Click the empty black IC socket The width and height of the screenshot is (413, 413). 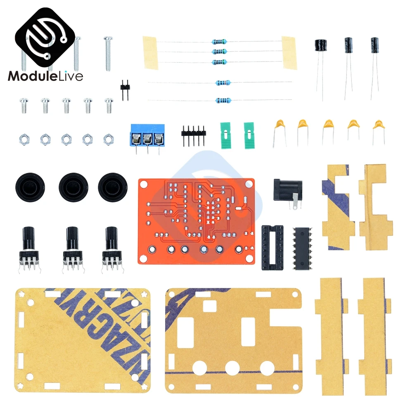(272, 247)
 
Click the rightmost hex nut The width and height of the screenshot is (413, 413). (108, 139)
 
